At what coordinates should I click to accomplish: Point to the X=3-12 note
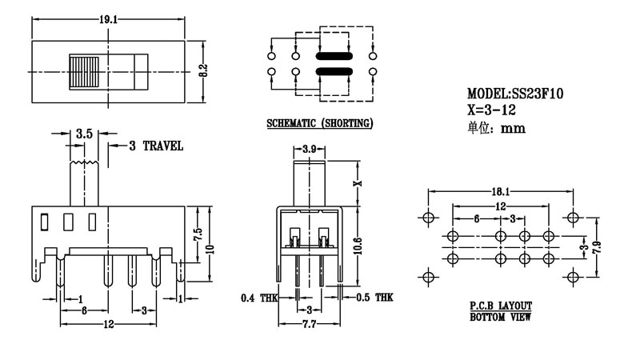point(490,110)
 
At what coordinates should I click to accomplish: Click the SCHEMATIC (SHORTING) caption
point(319,125)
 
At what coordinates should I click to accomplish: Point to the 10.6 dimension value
point(359,243)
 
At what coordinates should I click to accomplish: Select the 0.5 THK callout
point(373,298)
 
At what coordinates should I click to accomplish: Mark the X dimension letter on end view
point(359,182)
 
